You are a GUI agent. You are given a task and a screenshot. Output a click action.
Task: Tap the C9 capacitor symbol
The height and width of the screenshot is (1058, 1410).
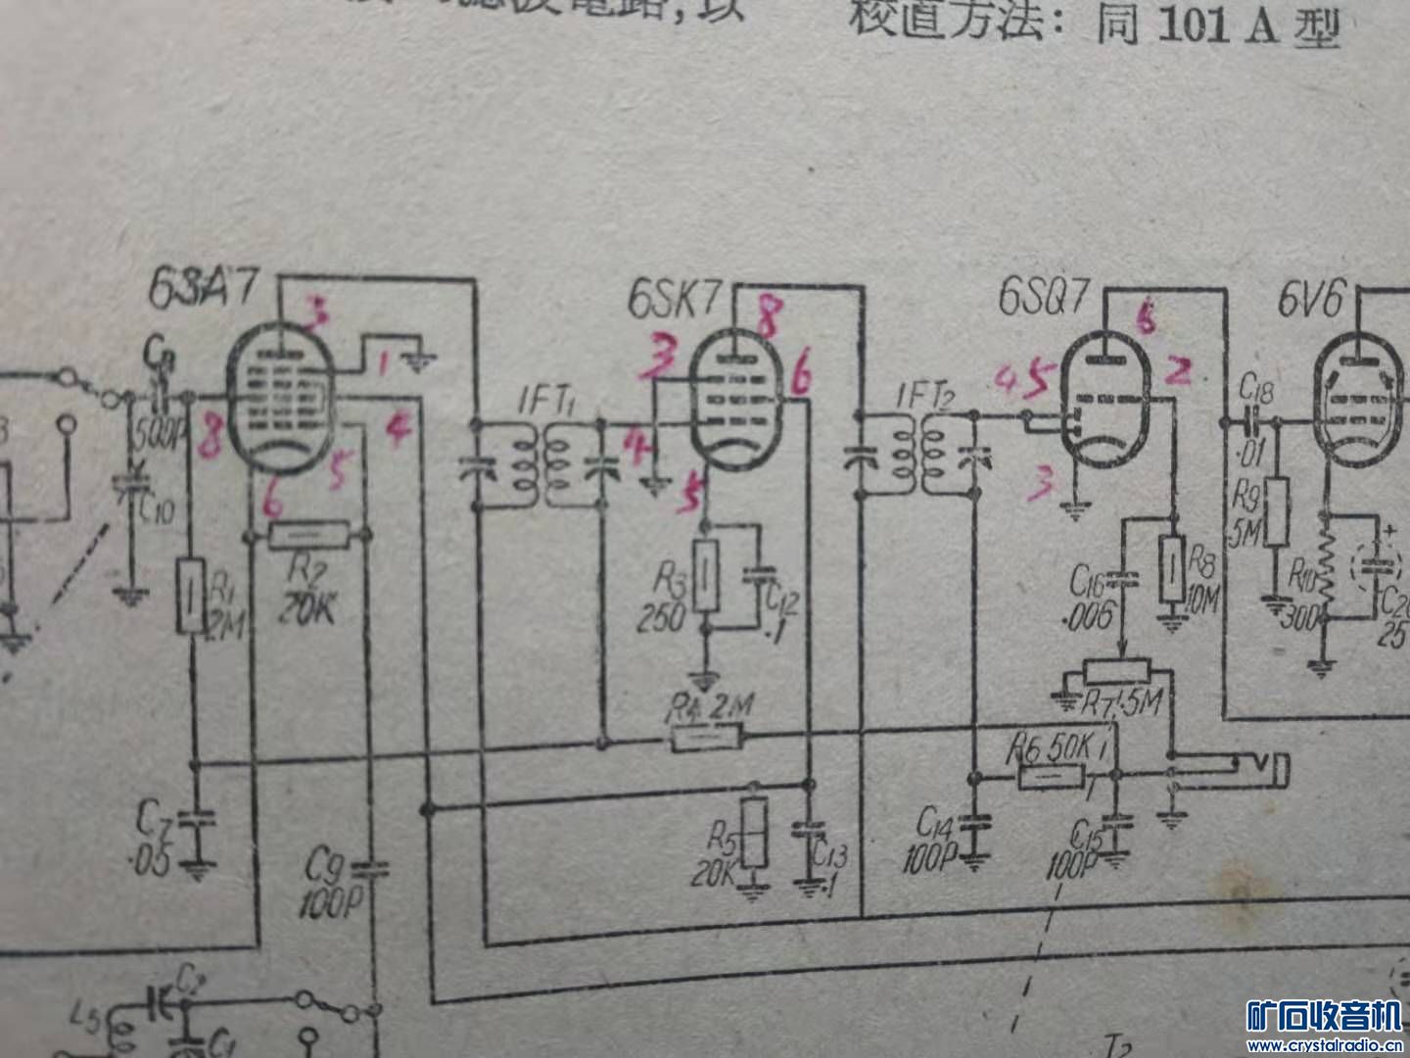point(370,868)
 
